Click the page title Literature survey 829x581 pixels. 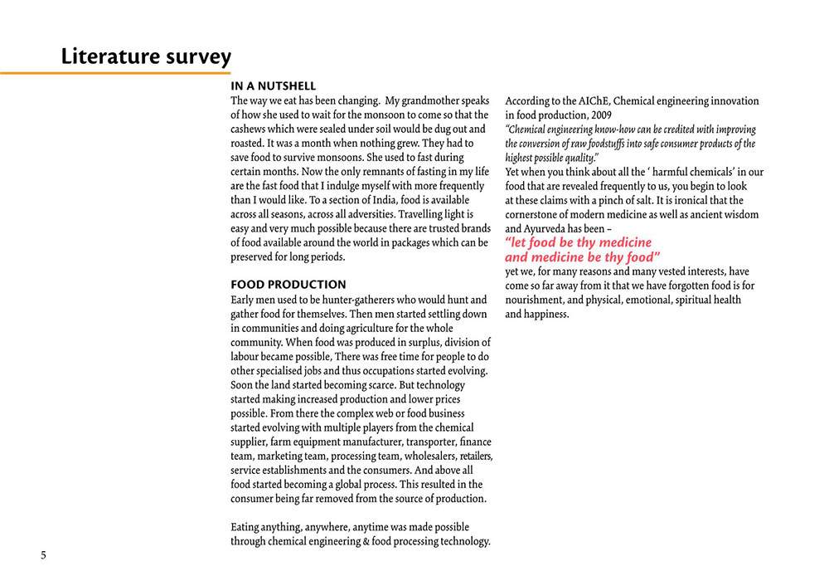point(146,56)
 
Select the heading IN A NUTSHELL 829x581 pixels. point(273,86)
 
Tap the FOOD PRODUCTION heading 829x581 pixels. point(288,285)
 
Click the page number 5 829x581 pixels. point(44,555)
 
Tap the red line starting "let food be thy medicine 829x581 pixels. point(579,242)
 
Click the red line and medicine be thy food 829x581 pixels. point(582,257)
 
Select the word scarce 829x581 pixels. point(378,384)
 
